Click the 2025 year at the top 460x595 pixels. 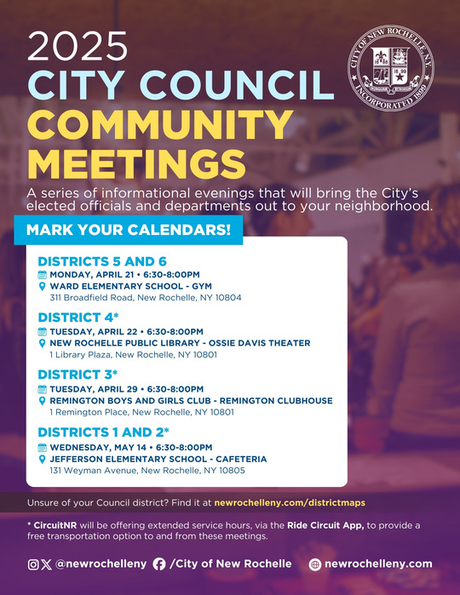[x=78, y=49]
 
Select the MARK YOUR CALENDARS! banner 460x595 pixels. [x=128, y=230]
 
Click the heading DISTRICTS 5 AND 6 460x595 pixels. [x=101, y=261]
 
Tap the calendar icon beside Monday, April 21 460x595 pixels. [x=43, y=275]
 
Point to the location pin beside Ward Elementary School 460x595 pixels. [x=43, y=287]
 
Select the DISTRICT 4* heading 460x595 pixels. [x=82, y=318]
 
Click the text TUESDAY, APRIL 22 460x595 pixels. [x=94, y=331]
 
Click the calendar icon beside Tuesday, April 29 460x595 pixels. [x=43, y=388]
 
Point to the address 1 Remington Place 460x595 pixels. [x=141, y=412]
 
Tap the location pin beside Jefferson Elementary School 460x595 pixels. [x=43, y=458]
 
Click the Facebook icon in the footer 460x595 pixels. [x=158, y=564]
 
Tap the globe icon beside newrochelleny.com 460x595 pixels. [x=313, y=564]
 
